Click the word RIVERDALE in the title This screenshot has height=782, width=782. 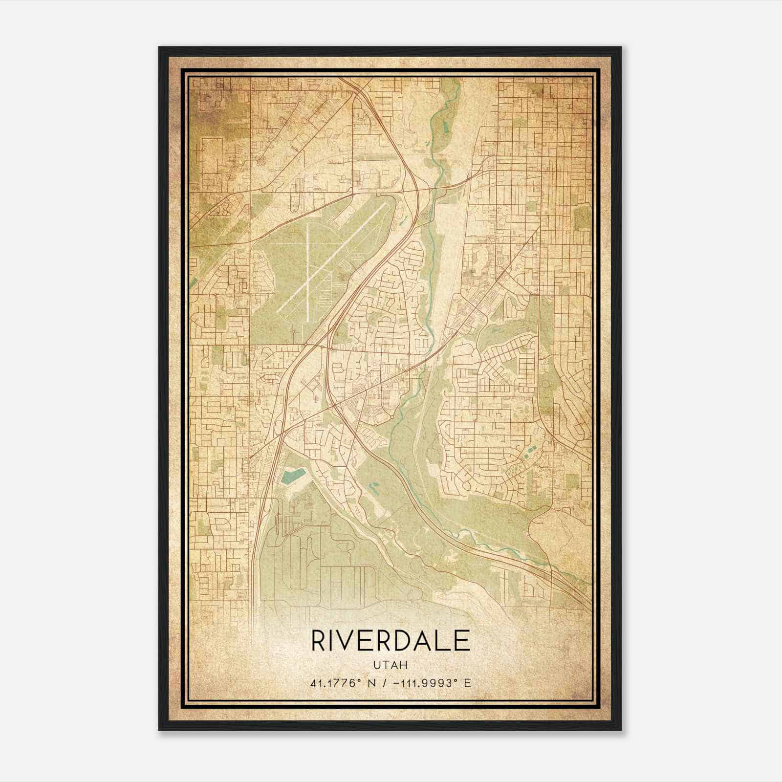pyautogui.click(x=390, y=641)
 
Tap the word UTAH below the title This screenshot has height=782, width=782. pyautogui.click(x=390, y=665)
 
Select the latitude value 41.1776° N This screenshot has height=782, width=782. pyautogui.click(x=342, y=683)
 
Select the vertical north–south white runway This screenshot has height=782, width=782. pyautogui.click(x=308, y=274)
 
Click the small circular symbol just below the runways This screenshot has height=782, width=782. pyautogui.click(x=293, y=332)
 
